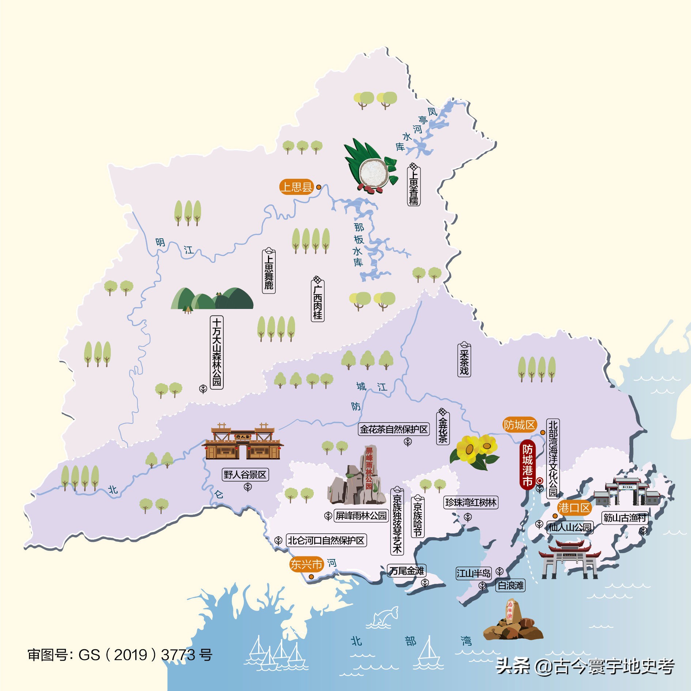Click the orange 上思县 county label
coord(297,187)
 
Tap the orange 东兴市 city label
coord(306,564)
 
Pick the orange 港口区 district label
coord(574,508)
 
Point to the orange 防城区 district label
coord(519,425)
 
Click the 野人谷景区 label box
coord(245,475)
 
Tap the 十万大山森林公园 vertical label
coord(217,352)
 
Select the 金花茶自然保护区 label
coord(394,429)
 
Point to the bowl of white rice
coord(373,172)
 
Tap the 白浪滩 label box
coord(510,586)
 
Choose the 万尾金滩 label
coord(407,571)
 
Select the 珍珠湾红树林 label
coord(471,502)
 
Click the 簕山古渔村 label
coord(625,518)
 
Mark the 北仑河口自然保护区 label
coord(326,540)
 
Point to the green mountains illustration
coord(212,299)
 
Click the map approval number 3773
coord(178,655)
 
